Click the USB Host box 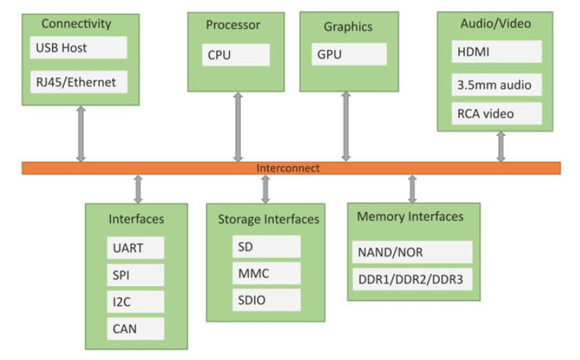(78, 48)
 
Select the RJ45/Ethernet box (78, 82)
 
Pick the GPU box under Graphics (349, 54)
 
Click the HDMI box (496, 51)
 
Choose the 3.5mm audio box (496, 85)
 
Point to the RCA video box (496, 113)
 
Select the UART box (136, 248)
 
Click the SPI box (136, 275)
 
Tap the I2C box (136, 302)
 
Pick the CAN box (136, 328)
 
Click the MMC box (266, 273)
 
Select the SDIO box (266, 300)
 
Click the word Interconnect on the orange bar (288, 168)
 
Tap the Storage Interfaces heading (268, 219)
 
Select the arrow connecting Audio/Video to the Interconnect (501, 147)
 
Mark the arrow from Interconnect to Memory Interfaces (412, 189)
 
